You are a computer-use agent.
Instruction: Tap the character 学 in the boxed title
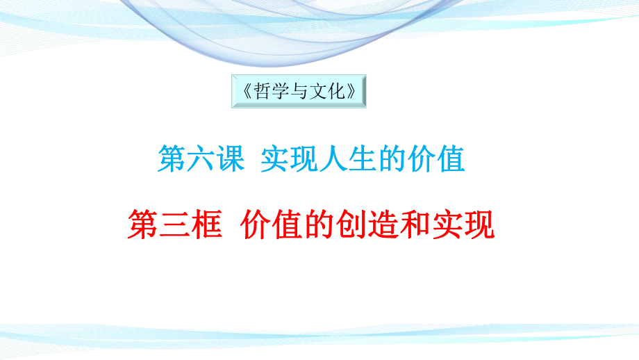[x=281, y=92]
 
